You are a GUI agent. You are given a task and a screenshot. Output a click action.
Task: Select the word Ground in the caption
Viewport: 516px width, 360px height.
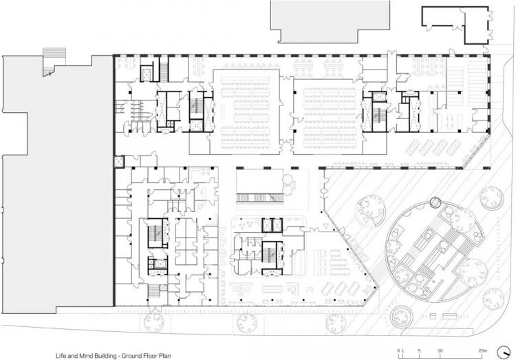tap(130, 356)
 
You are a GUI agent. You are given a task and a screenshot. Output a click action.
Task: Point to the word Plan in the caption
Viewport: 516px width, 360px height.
tap(166, 356)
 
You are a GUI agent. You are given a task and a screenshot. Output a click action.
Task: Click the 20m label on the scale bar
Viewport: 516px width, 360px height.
tap(482, 351)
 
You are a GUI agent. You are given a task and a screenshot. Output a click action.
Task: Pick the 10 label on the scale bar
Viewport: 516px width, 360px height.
tap(440, 351)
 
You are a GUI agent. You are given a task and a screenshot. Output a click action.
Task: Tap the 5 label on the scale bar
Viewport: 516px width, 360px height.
tap(419, 351)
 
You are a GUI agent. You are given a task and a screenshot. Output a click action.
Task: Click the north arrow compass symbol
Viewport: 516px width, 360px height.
tap(504, 352)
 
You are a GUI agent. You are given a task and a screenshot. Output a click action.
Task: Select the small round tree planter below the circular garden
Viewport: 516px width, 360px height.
tap(401, 316)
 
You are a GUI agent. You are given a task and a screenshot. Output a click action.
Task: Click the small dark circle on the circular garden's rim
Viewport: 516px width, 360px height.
tap(436, 202)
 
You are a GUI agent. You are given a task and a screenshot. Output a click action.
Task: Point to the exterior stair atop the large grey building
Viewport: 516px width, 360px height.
tap(54, 61)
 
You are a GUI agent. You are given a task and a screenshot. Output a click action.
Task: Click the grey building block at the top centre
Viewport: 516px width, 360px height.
tap(330, 21)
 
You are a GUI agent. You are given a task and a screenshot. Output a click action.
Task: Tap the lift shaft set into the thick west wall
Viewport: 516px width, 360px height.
tap(118, 162)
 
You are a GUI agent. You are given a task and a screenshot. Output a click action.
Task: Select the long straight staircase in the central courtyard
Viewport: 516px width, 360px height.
tap(260, 198)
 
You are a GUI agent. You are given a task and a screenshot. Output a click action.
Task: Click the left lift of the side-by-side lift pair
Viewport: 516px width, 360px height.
tap(267, 225)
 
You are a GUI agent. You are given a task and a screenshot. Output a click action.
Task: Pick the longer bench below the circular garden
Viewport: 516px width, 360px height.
tap(449, 316)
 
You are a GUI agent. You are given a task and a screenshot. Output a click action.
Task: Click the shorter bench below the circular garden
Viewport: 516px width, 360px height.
tap(433, 316)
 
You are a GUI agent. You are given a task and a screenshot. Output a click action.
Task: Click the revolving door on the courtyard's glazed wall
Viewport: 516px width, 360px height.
tap(324, 191)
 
